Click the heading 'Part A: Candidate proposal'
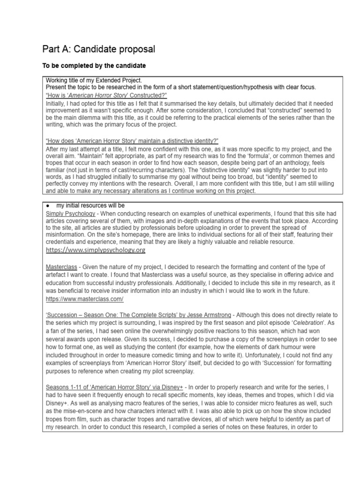(98, 49)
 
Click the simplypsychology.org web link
(96, 250)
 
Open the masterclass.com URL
(85, 299)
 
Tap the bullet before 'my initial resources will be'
(48, 205)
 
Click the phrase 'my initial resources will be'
(91, 205)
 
